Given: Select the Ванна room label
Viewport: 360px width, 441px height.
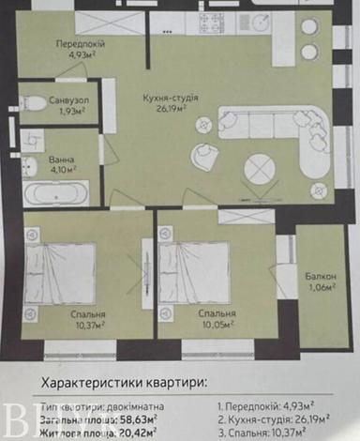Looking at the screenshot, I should click(x=63, y=160).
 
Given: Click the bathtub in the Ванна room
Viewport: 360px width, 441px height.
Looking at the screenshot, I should click(x=57, y=194).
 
